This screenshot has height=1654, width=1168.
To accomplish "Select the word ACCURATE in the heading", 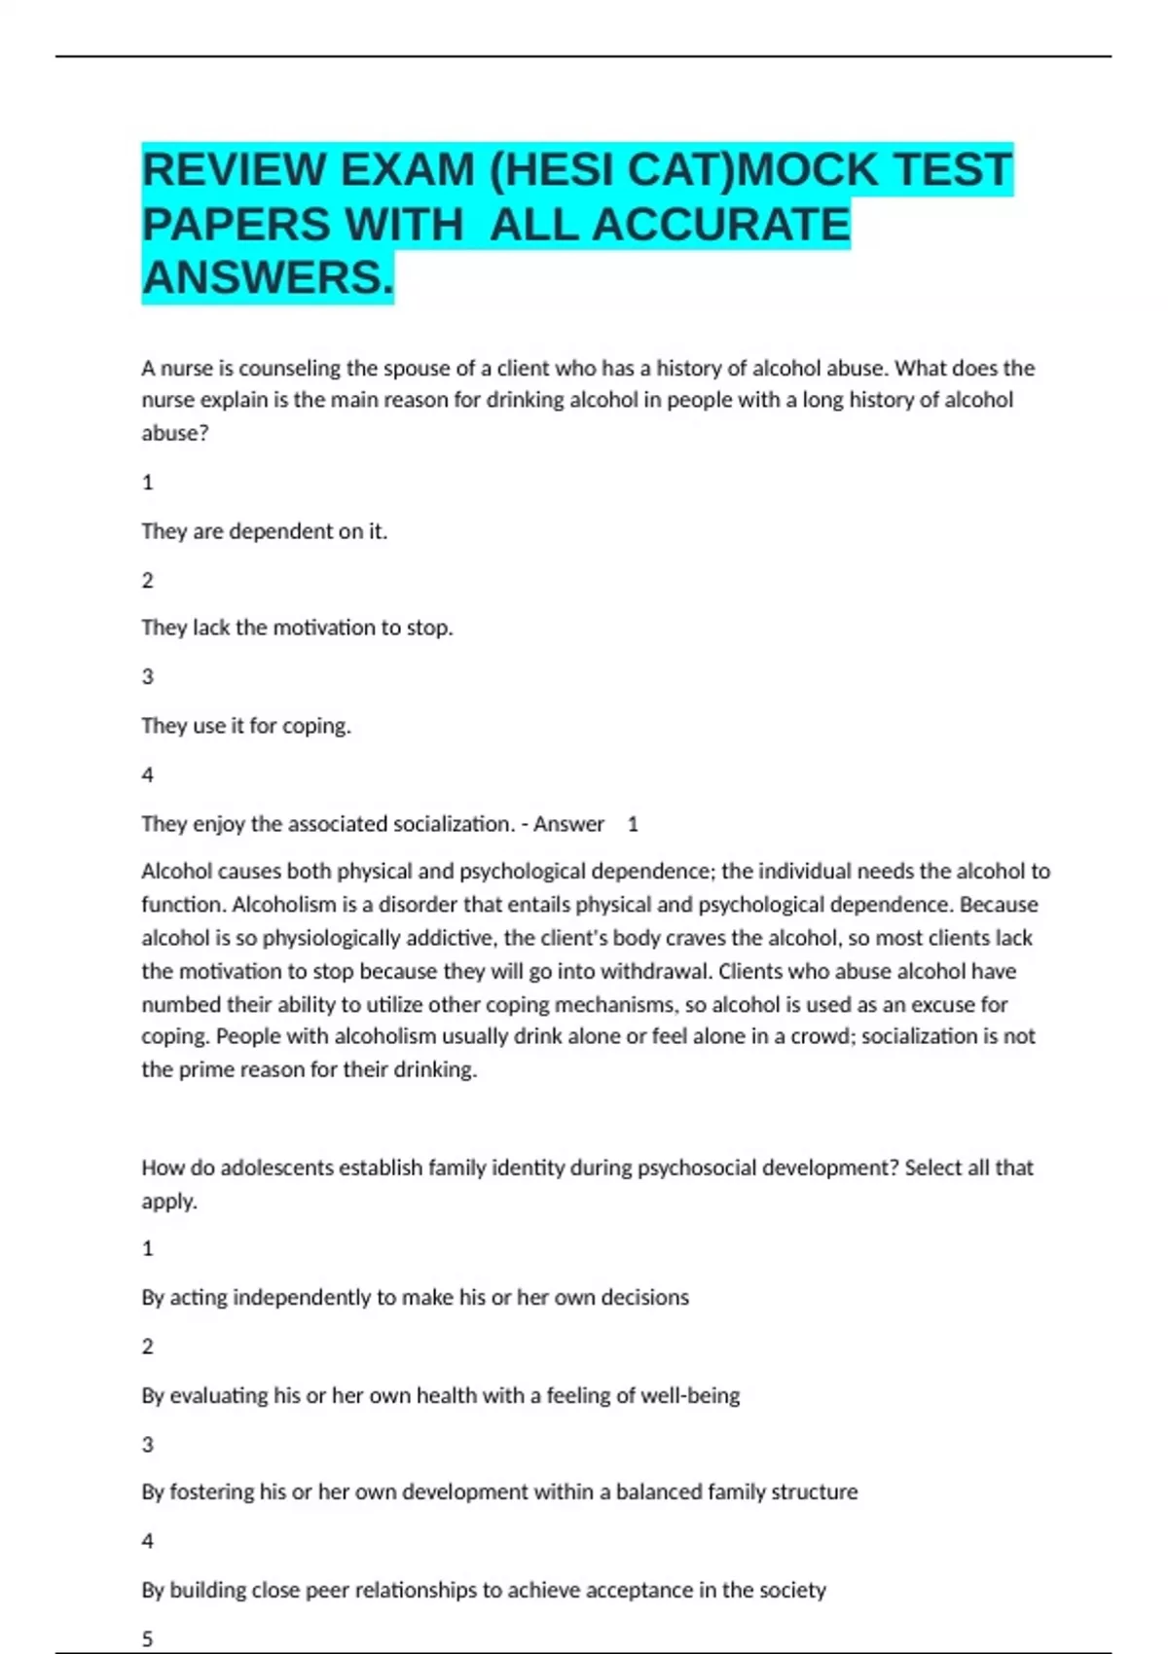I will (x=720, y=225).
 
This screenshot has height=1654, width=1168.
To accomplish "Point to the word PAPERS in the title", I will (x=237, y=225).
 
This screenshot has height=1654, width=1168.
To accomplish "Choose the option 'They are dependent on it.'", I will (x=264, y=531).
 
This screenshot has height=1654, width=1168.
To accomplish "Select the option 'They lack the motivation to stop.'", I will (x=297, y=628).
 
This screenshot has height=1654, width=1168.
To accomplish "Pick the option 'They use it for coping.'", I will (x=246, y=726).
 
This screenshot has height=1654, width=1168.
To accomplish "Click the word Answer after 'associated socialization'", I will (x=568, y=824).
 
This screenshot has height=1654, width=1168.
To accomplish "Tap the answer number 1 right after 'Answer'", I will (x=633, y=824).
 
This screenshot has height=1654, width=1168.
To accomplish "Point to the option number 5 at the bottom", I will (x=148, y=1638).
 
